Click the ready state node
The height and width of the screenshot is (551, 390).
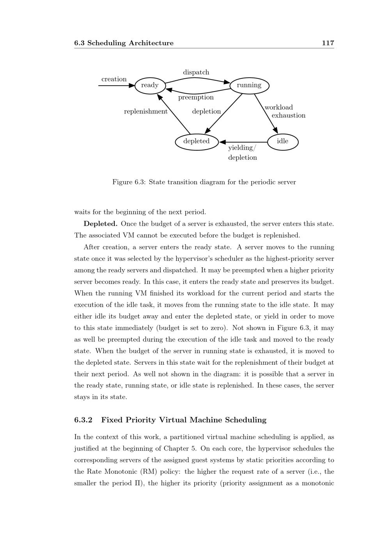[x=150, y=85]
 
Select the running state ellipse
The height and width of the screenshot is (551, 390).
[x=249, y=85]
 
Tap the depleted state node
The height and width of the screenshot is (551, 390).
[x=197, y=141]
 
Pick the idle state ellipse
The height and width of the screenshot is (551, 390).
[x=282, y=141]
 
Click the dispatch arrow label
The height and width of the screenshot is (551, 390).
[x=196, y=72]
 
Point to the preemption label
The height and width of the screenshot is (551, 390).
[x=196, y=97]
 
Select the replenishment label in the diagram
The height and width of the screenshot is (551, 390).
[x=145, y=111]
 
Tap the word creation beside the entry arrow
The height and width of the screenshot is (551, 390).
[x=114, y=79]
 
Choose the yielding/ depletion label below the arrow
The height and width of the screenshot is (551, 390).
[x=242, y=153]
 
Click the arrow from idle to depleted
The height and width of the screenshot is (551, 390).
[x=244, y=142]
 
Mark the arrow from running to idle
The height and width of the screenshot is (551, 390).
[x=266, y=113]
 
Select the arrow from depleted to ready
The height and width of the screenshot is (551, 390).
[x=174, y=113]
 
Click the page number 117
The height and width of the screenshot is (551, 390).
[x=328, y=43]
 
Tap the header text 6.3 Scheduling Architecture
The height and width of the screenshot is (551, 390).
[x=124, y=43]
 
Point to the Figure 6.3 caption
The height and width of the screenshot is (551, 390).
[x=204, y=182]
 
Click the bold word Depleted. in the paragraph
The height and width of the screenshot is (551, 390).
[x=101, y=224]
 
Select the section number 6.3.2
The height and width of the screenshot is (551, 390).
[x=83, y=420]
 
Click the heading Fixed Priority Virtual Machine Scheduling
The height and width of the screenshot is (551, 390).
[x=184, y=420]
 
